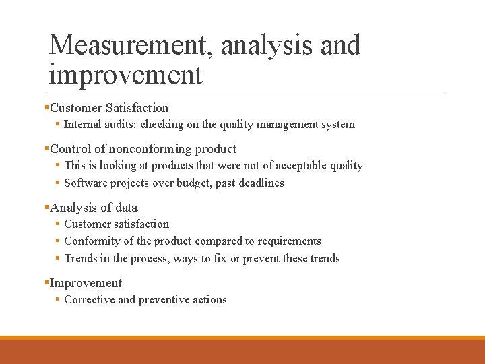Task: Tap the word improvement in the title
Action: (125, 74)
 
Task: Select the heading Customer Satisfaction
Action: (109, 108)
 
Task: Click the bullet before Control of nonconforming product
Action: (46, 149)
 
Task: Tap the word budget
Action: (195, 183)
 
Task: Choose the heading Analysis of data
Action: (94, 208)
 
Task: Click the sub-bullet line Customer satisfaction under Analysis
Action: (117, 224)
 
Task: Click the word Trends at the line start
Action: (81, 259)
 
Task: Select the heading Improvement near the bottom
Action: (86, 283)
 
